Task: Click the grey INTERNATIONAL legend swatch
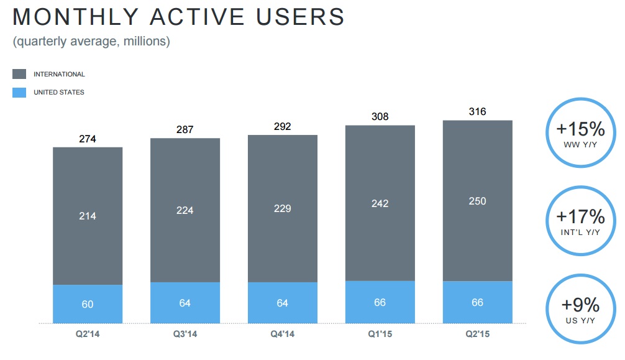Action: click(19, 74)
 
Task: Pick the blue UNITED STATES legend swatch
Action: click(19, 93)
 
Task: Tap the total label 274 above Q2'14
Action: click(88, 139)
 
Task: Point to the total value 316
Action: click(478, 112)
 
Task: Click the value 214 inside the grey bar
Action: click(88, 216)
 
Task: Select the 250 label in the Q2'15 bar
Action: click(478, 201)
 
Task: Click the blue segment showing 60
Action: click(88, 304)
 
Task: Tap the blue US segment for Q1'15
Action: click(380, 302)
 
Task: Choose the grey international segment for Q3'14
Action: click(185, 210)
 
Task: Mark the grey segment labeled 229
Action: click(283, 208)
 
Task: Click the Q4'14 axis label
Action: click(283, 334)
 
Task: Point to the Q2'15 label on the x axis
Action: click(478, 334)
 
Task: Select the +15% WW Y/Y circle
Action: click(580, 133)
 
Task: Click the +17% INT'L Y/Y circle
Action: click(580, 221)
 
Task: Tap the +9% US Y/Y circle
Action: click(580, 309)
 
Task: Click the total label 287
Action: click(185, 130)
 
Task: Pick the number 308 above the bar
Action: click(380, 117)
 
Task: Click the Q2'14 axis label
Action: click(88, 334)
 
